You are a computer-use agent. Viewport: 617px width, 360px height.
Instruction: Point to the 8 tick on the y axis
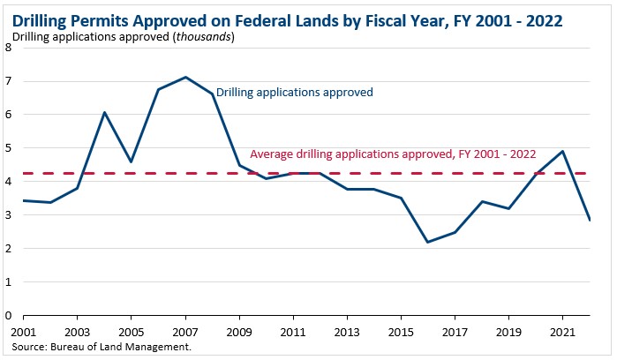(8, 48)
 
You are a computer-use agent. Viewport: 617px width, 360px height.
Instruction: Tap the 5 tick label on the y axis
(8, 148)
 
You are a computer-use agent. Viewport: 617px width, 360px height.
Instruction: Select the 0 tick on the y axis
(8, 315)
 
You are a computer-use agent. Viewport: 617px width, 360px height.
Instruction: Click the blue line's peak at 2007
(184, 77)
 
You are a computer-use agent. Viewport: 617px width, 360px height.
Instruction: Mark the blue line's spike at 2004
(104, 112)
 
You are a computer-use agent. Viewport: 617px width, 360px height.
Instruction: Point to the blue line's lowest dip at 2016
(427, 242)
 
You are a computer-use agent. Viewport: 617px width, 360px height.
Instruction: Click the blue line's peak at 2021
(562, 151)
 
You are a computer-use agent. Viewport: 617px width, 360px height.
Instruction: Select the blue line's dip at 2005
(131, 162)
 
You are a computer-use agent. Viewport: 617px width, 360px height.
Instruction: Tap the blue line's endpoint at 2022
(589, 220)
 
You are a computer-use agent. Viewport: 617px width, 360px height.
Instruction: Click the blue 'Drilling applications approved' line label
(295, 92)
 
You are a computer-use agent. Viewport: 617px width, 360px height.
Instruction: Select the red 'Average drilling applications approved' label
(393, 154)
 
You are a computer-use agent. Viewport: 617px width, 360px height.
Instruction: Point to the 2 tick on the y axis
(8, 249)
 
